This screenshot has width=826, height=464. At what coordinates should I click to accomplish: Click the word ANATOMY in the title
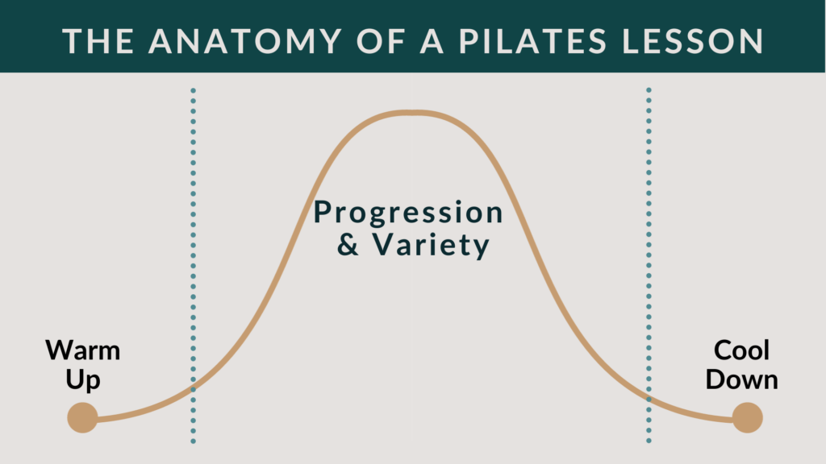[x=245, y=41]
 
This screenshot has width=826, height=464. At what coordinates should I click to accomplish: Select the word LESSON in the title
[x=692, y=41]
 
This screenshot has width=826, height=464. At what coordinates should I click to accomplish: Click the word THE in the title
[x=98, y=41]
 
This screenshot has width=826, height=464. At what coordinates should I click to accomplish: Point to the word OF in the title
[x=381, y=41]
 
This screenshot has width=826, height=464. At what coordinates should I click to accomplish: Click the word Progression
[x=408, y=213]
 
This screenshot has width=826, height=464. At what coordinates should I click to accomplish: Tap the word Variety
[x=431, y=245]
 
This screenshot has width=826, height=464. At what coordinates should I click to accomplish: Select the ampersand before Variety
[x=348, y=245]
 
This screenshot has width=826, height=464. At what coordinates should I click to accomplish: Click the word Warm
[x=83, y=350]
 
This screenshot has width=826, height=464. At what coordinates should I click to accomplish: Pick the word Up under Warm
[x=83, y=380]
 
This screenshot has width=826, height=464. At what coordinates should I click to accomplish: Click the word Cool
[x=742, y=350]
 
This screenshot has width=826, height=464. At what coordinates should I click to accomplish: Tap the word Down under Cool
[x=742, y=380]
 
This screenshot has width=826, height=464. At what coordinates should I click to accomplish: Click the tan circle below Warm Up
[x=83, y=418]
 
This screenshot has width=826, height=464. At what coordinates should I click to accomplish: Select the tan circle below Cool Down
[x=748, y=418]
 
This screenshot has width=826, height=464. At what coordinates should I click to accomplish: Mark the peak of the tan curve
[x=414, y=112]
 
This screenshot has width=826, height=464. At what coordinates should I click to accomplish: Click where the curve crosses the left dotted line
[x=194, y=389]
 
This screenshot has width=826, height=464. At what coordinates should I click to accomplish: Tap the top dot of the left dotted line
[x=194, y=90]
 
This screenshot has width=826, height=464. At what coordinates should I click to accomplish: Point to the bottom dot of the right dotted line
[x=649, y=441]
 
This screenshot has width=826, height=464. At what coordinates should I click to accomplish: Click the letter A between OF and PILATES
[x=432, y=41]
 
